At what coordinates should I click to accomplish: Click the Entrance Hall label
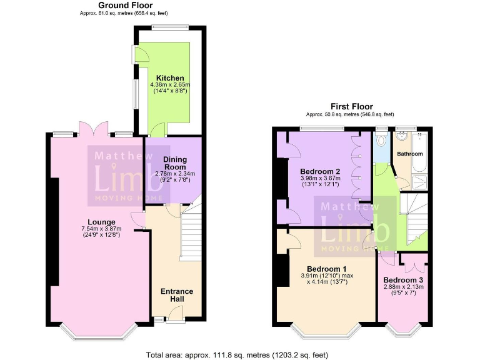point(177,295)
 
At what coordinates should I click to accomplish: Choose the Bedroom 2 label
point(319,171)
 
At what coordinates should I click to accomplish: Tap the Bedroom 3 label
point(403,279)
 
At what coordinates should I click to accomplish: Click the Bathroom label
point(409,154)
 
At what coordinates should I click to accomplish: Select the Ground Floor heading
point(125,5)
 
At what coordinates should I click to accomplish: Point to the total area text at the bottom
point(236,354)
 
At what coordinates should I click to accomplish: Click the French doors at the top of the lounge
point(92,129)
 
